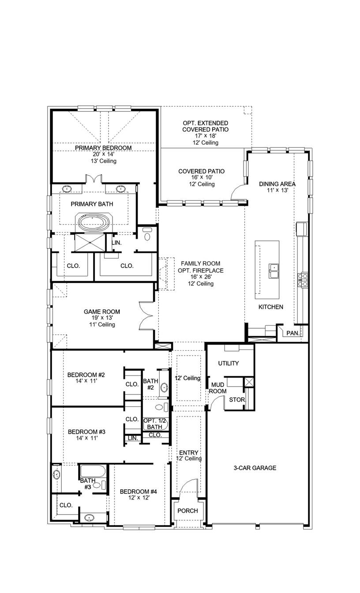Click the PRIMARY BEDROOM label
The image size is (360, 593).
pyautogui.click(x=103, y=148)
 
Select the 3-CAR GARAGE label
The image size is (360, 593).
pyautogui.click(x=255, y=468)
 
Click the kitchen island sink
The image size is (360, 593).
pyautogui.click(x=274, y=271)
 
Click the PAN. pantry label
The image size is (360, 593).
pyautogui.click(x=292, y=333)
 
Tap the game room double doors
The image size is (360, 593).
pyautogui.click(x=146, y=315)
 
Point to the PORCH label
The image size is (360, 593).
pyautogui.click(x=187, y=511)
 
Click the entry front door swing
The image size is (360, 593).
pyautogui.click(x=188, y=488)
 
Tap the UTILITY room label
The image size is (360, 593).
pyautogui.click(x=229, y=363)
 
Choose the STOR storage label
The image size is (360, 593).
pyautogui.click(x=236, y=400)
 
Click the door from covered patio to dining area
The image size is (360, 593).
pyautogui.click(x=238, y=192)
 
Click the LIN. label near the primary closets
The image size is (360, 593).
pyautogui.click(x=116, y=243)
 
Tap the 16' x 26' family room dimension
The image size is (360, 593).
pyautogui.click(x=200, y=277)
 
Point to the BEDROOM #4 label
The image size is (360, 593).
pyautogui.click(x=138, y=492)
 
